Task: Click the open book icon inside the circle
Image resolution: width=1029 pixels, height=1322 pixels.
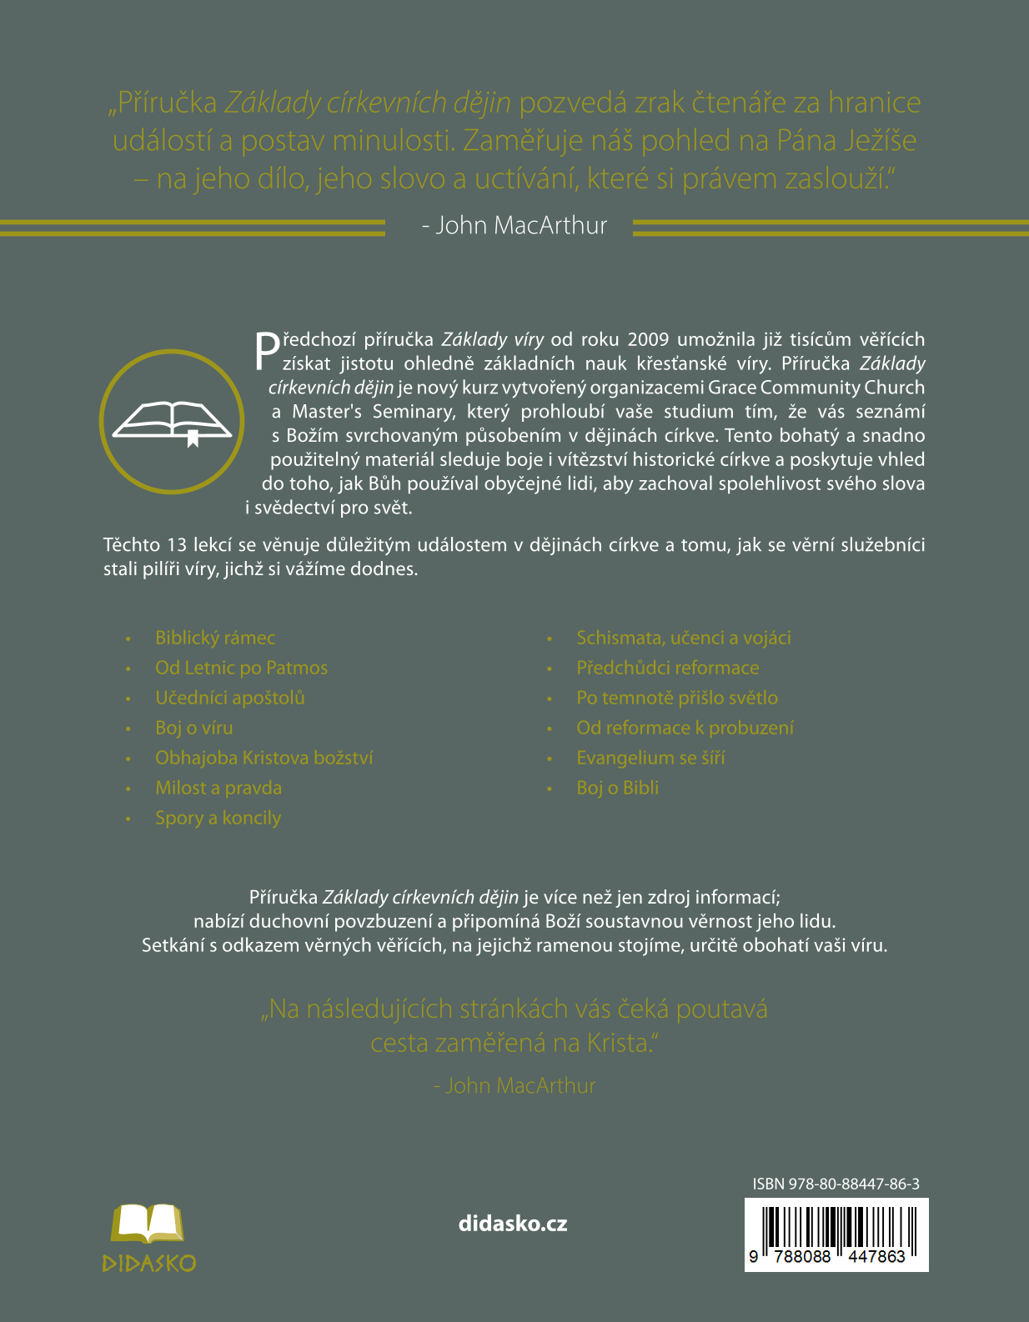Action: [x=172, y=421]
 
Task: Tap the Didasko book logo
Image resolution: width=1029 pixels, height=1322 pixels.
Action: [x=148, y=1237]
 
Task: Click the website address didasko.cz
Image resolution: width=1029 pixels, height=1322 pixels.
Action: [x=513, y=1224]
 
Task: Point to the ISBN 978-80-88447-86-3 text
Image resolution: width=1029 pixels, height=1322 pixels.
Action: [x=836, y=1184]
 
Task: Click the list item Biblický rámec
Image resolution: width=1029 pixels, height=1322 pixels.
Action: [x=215, y=638]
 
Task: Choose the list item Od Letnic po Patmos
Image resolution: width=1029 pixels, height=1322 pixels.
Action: [x=241, y=669]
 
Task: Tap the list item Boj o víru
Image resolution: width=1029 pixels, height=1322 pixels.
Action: [x=194, y=729]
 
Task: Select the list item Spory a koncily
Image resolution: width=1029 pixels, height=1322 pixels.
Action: [x=218, y=819]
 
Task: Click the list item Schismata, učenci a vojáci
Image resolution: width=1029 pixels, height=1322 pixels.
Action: [x=684, y=638]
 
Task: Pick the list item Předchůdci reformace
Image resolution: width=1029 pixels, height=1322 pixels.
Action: [x=668, y=669]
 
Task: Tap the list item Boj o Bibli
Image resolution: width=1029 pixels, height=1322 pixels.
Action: [x=618, y=789]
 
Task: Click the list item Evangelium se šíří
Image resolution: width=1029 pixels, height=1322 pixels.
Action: [x=650, y=759]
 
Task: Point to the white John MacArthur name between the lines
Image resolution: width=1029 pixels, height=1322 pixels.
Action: [x=514, y=226]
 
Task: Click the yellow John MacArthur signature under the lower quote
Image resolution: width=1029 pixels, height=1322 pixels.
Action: [x=514, y=1086]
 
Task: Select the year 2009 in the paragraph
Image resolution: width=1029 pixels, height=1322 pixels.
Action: [x=648, y=339]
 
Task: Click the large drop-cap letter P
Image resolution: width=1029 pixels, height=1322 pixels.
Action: [x=267, y=351]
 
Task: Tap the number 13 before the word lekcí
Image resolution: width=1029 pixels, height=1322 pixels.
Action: [x=177, y=545]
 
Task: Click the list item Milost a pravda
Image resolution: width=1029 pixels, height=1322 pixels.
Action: [x=218, y=789]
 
